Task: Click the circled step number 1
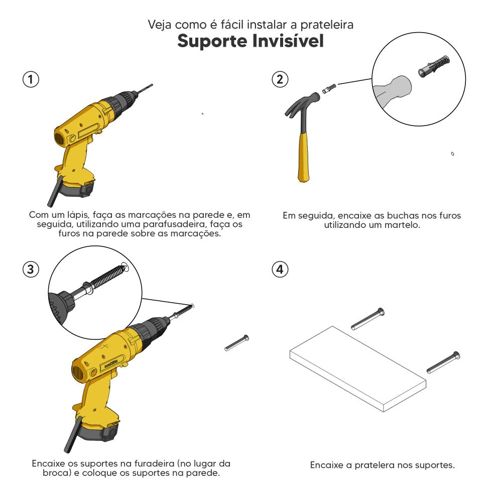31,79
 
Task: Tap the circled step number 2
280,79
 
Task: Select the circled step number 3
31,269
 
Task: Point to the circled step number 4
280,269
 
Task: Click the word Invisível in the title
288,41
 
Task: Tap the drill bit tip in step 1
152,85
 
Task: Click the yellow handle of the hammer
303,157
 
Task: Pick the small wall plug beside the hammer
329,88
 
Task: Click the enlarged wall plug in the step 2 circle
434,67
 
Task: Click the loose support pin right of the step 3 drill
236,343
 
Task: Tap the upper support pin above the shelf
368,319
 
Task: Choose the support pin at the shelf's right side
443,362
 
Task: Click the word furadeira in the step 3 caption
155,463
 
